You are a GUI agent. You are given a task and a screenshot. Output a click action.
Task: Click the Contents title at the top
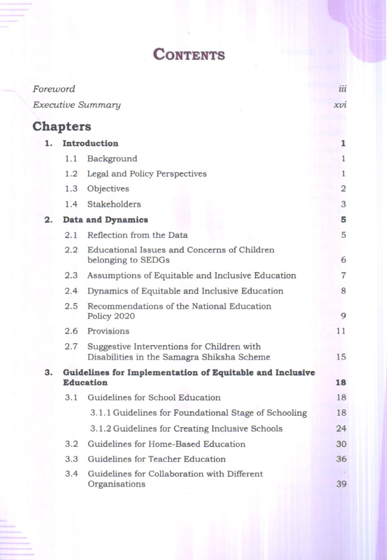coord(189,55)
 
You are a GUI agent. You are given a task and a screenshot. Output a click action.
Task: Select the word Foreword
coord(54,89)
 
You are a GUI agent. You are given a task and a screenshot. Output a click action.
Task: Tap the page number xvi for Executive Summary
coord(340,105)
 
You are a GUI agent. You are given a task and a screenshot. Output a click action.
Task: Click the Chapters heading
coord(62,126)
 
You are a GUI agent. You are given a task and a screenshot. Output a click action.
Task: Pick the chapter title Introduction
coord(90,143)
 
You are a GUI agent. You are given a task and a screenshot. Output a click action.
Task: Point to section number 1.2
coord(71,174)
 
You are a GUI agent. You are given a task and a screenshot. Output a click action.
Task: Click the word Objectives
coord(108,189)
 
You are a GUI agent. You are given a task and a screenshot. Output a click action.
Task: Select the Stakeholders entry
coord(114,204)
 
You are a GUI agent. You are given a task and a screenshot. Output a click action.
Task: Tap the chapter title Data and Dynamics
coord(105,220)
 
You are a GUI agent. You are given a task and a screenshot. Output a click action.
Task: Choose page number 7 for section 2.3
coord(343,276)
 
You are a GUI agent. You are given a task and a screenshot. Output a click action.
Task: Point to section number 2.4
coord(71,291)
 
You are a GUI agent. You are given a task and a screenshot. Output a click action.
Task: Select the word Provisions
coord(108,331)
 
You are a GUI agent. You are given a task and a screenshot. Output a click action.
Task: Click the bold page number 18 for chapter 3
coord(341,383)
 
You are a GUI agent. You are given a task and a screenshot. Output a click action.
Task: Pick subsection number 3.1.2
coord(101,428)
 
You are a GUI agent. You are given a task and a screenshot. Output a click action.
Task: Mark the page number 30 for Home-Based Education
coord(341,444)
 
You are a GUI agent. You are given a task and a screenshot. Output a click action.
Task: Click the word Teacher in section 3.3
coord(165,459)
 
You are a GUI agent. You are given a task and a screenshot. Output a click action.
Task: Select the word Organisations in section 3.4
coord(116,484)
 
